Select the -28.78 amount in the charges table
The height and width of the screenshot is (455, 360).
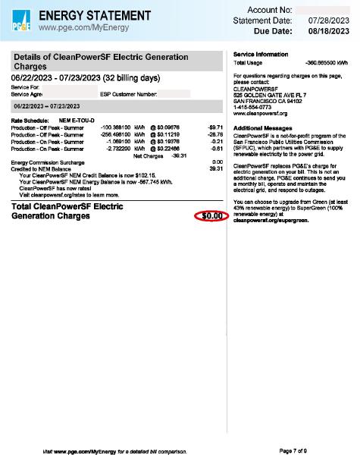(x=213, y=135)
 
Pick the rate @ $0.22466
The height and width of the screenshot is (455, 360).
(x=165, y=149)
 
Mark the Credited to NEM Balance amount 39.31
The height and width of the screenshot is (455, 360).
(x=214, y=168)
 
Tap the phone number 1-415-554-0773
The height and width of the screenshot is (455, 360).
(x=255, y=107)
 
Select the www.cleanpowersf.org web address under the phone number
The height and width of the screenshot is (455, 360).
(x=261, y=113)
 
